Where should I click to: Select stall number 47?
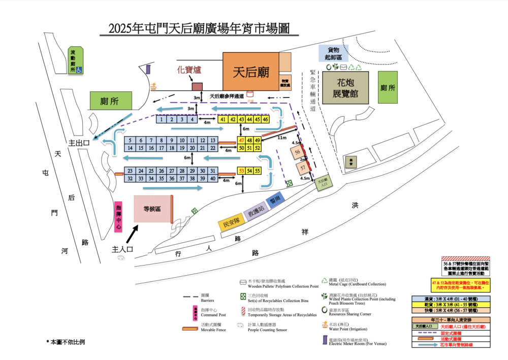click(x=241, y=141)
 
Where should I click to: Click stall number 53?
click(x=241, y=171)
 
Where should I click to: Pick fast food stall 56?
click(x=299, y=152)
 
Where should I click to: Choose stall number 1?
click(x=161, y=120)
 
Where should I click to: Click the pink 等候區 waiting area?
click(x=152, y=208)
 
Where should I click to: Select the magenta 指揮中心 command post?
click(x=118, y=217)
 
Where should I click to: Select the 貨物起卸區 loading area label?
click(x=333, y=53)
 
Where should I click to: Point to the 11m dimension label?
click(x=282, y=138)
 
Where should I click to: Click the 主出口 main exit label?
click(x=79, y=143)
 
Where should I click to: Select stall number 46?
click(x=265, y=120)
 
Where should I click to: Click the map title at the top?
click(x=199, y=28)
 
